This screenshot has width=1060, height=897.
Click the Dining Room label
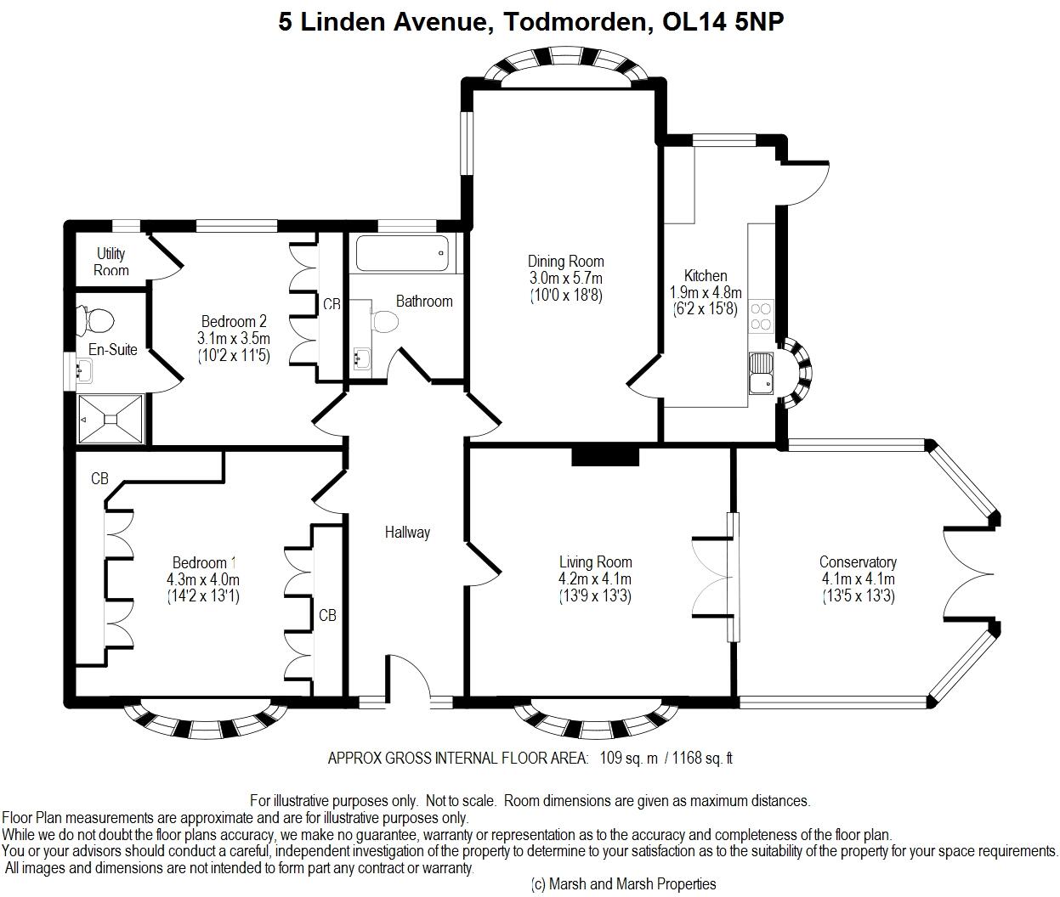(565, 262)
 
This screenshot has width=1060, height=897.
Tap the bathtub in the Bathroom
(403, 253)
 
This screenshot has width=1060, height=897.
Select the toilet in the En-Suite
(95, 321)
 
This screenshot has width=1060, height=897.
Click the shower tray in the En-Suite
(111, 420)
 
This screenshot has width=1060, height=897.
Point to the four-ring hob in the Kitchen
(761, 316)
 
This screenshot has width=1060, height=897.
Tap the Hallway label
(407, 533)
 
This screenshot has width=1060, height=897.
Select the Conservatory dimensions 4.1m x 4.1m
(859, 579)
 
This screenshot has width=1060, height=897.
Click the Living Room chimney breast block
(605, 456)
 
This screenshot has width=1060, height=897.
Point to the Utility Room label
(111, 262)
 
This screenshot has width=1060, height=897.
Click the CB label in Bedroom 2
(332, 304)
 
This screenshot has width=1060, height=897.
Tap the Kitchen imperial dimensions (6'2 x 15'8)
(706, 308)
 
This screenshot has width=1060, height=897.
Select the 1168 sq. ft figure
(703, 758)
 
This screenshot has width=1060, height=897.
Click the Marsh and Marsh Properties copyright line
(624, 883)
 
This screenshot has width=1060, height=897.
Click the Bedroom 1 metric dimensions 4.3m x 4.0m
(203, 579)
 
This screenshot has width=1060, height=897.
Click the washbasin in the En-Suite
(85, 369)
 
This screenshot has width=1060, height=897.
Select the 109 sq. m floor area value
(629, 758)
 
